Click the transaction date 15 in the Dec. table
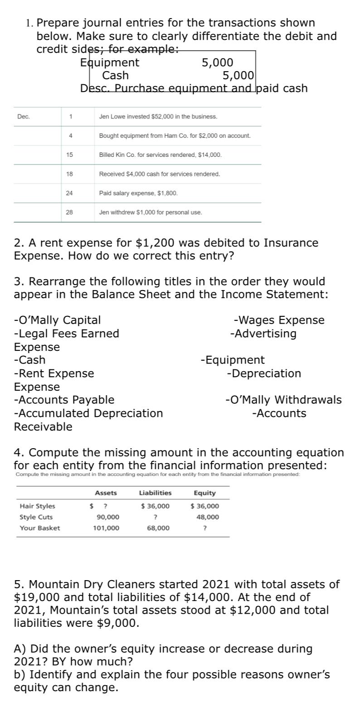(x=69, y=155)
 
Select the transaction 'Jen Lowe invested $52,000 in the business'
(x=158, y=117)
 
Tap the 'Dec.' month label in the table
(x=24, y=117)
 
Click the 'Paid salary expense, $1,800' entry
(x=138, y=193)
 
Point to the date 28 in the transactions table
(x=69, y=212)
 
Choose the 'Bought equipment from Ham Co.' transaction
(x=175, y=136)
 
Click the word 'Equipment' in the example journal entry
(x=110, y=63)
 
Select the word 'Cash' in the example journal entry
(x=115, y=75)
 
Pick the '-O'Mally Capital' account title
(x=58, y=320)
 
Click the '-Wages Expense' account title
(x=279, y=320)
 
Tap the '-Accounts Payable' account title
(x=64, y=400)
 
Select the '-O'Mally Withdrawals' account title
(x=283, y=400)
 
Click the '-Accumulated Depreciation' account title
(x=88, y=413)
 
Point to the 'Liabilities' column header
(x=155, y=493)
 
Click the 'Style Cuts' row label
(x=36, y=517)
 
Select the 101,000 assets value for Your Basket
(x=106, y=528)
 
